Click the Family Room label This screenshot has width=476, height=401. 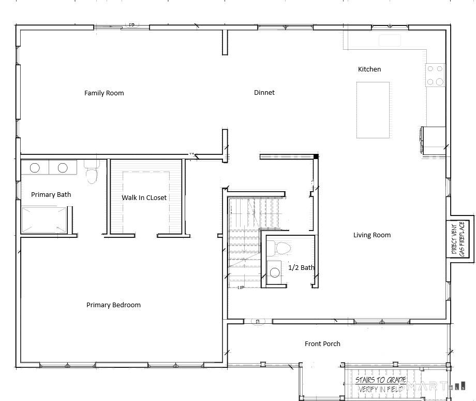click(104, 93)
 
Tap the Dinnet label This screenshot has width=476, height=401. click(264, 93)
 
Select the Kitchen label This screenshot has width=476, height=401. click(369, 69)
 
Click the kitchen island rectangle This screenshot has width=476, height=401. click(373, 110)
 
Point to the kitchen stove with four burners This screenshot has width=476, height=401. click(435, 76)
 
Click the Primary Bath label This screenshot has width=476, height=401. click(51, 195)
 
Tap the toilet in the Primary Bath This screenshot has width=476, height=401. click(92, 174)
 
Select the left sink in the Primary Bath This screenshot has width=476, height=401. click(35, 168)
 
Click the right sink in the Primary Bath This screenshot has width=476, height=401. click(63, 168)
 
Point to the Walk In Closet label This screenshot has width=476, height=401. click(144, 197)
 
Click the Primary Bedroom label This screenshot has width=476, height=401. click(113, 305)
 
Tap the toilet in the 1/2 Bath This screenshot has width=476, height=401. click(282, 248)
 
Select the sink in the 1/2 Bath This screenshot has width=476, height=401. click(275, 272)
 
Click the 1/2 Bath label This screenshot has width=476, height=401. click(301, 268)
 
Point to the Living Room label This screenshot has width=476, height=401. click(371, 235)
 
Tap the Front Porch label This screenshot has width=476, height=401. click(322, 344)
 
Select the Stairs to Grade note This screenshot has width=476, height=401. click(380, 384)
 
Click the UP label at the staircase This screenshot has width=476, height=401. click(241, 288)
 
